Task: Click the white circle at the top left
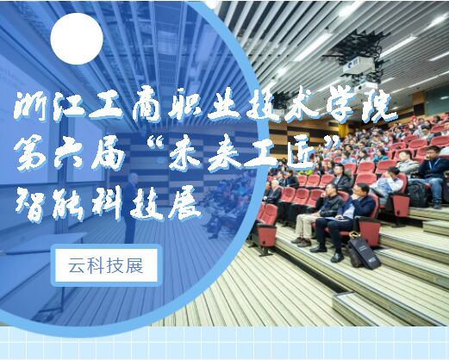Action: click(x=77, y=39)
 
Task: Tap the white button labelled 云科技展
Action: click(x=106, y=265)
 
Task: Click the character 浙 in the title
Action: click(x=31, y=106)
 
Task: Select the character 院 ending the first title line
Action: click(x=377, y=106)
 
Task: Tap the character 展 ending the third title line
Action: click(x=184, y=204)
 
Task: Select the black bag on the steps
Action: click(x=365, y=253)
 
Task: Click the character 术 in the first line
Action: click(x=304, y=106)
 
